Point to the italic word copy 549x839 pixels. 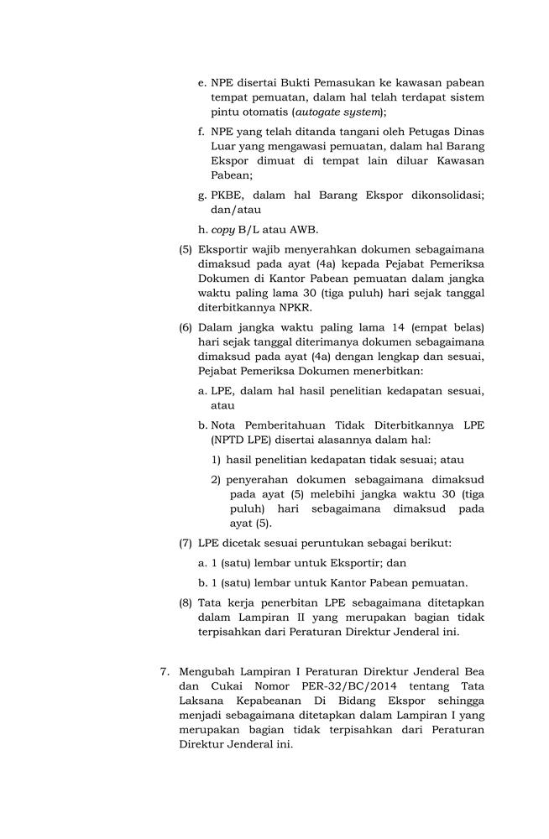pos(222,230)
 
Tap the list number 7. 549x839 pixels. pos(165,671)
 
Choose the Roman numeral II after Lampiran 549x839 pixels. pos(282,618)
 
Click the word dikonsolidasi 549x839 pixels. pos(444,195)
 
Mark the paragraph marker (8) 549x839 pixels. pos(186,602)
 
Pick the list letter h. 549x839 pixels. pos(202,230)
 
